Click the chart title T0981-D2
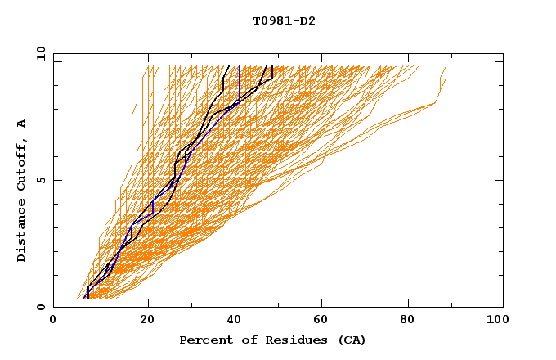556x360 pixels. click(x=284, y=20)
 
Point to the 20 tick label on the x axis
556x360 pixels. click(x=148, y=322)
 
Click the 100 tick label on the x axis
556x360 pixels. click(x=495, y=322)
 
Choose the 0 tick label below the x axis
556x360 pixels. click(x=53, y=322)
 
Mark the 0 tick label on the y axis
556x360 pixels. click(x=40, y=308)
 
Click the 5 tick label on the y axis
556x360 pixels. click(x=40, y=180)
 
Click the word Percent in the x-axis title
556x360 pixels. click(x=202, y=340)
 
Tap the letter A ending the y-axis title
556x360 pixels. click(x=22, y=124)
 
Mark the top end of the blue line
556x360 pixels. click(x=238, y=67)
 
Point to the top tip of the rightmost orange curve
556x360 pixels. click(x=446, y=67)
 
